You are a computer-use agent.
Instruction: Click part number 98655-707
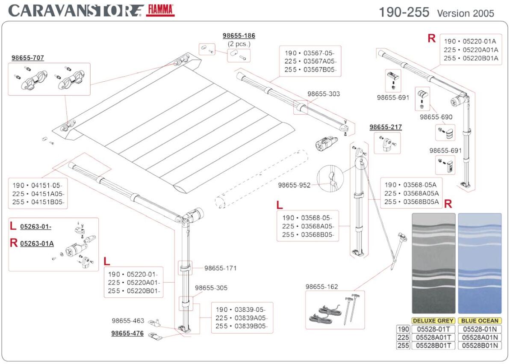pyautogui.click(x=28, y=58)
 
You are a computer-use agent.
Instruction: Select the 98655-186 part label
pyautogui.click(x=239, y=36)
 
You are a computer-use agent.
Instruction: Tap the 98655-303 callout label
pyautogui.click(x=324, y=94)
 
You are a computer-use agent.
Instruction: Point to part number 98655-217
pyautogui.click(x=386, y=127)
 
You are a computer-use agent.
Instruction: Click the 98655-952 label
pyautogui.click(x=294, y=185)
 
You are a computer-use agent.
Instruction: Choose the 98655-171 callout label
pyautogui.click(x=220, y=268)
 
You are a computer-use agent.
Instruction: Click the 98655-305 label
pyautogui.click(x=211, y=288)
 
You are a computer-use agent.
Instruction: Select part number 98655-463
pyautogui.click(x=128, y=321)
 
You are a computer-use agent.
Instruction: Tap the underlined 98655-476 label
pyautogui.click(x=127, y=333)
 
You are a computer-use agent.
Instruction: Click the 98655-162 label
pyautogui.click(x=321, y=287)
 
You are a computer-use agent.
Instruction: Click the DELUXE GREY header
pyautogui.click(x=433, y=321)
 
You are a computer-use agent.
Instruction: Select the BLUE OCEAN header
pyautogui.click(x=480, y=321)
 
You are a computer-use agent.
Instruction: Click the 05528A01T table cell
pyautogui.click(x=433, y=337)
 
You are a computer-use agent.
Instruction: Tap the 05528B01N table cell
pyautogui.click(x=480, y=346)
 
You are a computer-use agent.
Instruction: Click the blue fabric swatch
pyautogui.click(x=480, y=263)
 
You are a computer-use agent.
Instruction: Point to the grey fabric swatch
pyautogui.click(x=433, y=263)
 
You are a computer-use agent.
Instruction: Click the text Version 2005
pyautogui.click(x=465, y=13)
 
